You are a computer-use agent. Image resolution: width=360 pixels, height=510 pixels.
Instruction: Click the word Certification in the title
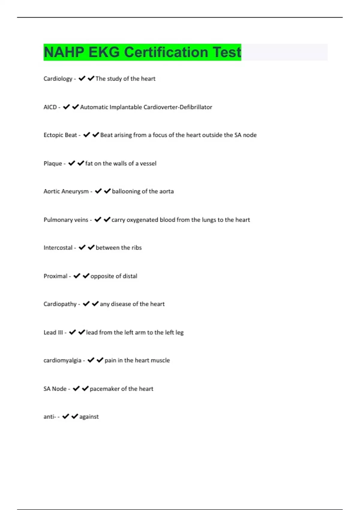click(x=166, y=52)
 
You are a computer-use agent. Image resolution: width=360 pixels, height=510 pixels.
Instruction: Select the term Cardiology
click(x=58, y=79)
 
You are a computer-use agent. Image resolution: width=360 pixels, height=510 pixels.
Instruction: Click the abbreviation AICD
click(x=50, y=107)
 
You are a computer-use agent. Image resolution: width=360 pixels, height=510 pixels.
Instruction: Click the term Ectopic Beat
click(x=60, y=135)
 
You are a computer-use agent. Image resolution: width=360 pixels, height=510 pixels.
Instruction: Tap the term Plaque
click(x=53, y=164)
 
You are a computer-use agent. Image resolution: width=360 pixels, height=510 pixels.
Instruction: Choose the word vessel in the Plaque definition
click(x=148, y=163)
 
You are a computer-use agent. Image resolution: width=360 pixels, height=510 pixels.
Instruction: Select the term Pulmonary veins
click(x=66, y=220)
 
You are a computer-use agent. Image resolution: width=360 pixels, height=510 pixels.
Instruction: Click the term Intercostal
click(x=58, y=248)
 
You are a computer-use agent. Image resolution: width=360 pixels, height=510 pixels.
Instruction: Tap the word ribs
click(x=136, y=248)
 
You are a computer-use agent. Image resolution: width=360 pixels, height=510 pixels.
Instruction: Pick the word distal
click(x=130, y=276)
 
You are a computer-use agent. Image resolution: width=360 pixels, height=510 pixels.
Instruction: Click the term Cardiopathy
click(x=60, y=304)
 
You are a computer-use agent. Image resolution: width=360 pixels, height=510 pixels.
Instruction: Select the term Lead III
click(x=53, y=333)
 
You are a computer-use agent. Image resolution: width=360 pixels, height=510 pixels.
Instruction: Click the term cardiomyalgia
click(x=62, y=361)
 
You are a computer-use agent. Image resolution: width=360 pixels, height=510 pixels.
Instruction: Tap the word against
click(x=89, y=417)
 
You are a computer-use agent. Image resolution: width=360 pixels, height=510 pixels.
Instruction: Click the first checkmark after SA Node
click(x=76, y=388)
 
